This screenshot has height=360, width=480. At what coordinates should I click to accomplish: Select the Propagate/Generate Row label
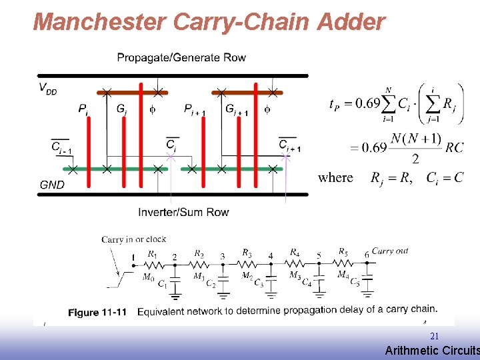point(181,57)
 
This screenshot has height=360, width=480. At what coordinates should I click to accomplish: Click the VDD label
point(47,87)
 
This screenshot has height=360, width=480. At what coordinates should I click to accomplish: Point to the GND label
point(52,185)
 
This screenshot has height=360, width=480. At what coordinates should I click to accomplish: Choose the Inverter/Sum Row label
point(183,212)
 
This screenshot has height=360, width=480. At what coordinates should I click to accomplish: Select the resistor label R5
point(343,253)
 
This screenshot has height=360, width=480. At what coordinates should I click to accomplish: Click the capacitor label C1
point(163,285)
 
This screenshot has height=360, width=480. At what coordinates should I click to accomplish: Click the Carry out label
point(390,251)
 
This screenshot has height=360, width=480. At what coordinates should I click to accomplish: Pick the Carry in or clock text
point(134,239)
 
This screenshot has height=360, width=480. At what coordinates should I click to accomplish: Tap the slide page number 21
point(434,336)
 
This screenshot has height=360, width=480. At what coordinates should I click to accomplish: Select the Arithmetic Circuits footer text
point(431,350)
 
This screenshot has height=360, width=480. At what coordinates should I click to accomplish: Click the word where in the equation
point(335,177)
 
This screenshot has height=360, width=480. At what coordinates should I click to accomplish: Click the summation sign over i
point(387,105)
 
